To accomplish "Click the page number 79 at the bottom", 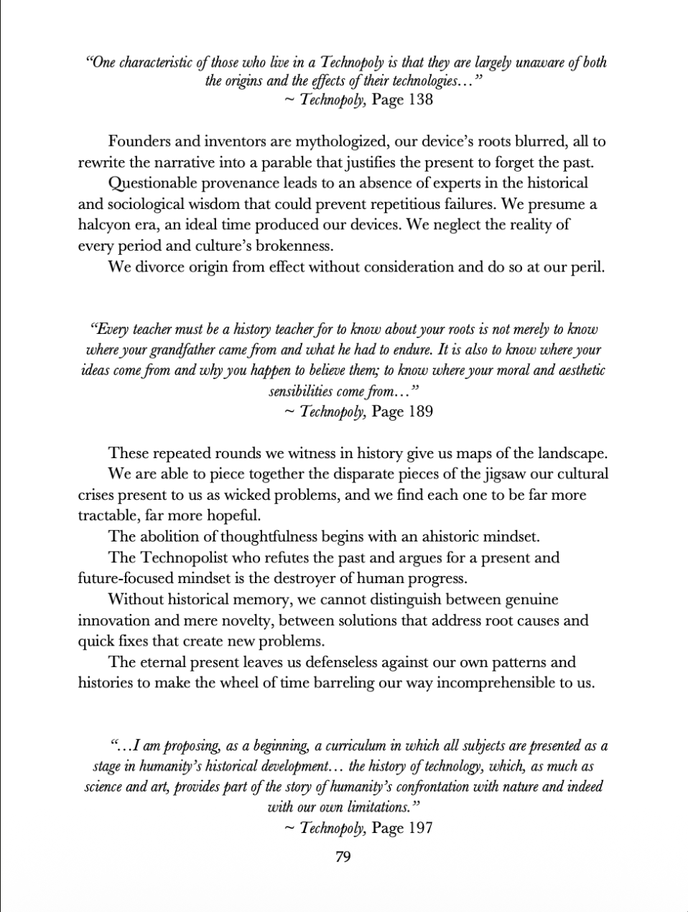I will (x=343, y=857).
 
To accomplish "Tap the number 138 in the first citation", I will (x=420, y=100).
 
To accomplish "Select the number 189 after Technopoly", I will (x=420, y=412).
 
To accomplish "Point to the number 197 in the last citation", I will (x=420, y=828).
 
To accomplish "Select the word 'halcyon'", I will (x=104, y=225).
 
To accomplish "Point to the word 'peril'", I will (x=587, y=267).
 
